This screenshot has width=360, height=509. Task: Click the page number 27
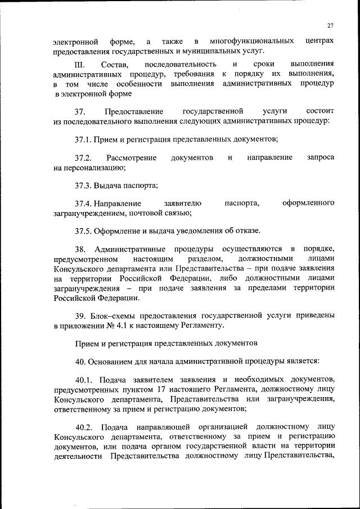(x=330, y=25)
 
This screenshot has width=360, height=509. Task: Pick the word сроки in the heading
(x=263, y=65)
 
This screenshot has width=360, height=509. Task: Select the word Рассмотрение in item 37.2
(x=132, y=158)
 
